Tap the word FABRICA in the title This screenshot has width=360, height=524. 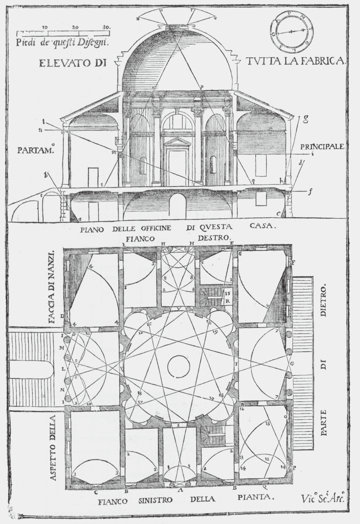[326, 62]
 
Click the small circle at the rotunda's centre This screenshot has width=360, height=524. [178, 367]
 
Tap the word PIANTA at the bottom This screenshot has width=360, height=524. [256, 497]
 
